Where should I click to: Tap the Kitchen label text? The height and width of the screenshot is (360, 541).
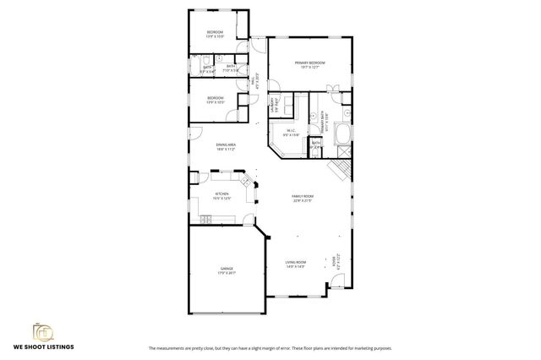pos(221,194)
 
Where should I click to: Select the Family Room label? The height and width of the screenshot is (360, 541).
pos(303,196)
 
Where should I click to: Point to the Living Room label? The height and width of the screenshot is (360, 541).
pos(295,263)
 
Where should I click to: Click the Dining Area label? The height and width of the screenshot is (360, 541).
pos(225,145)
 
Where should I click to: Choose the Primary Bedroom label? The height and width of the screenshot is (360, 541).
pos(309,63)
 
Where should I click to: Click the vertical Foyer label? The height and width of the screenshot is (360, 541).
pos(335,262)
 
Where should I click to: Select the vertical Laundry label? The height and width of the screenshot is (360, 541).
pos(272,106)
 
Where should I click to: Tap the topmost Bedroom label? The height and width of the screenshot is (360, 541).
pos(215,32)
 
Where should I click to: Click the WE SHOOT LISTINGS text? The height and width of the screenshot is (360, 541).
pos(44,346)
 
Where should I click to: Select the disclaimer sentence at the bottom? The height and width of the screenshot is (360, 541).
pos(270,348)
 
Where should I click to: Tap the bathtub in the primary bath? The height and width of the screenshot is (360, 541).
pos(343,134)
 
